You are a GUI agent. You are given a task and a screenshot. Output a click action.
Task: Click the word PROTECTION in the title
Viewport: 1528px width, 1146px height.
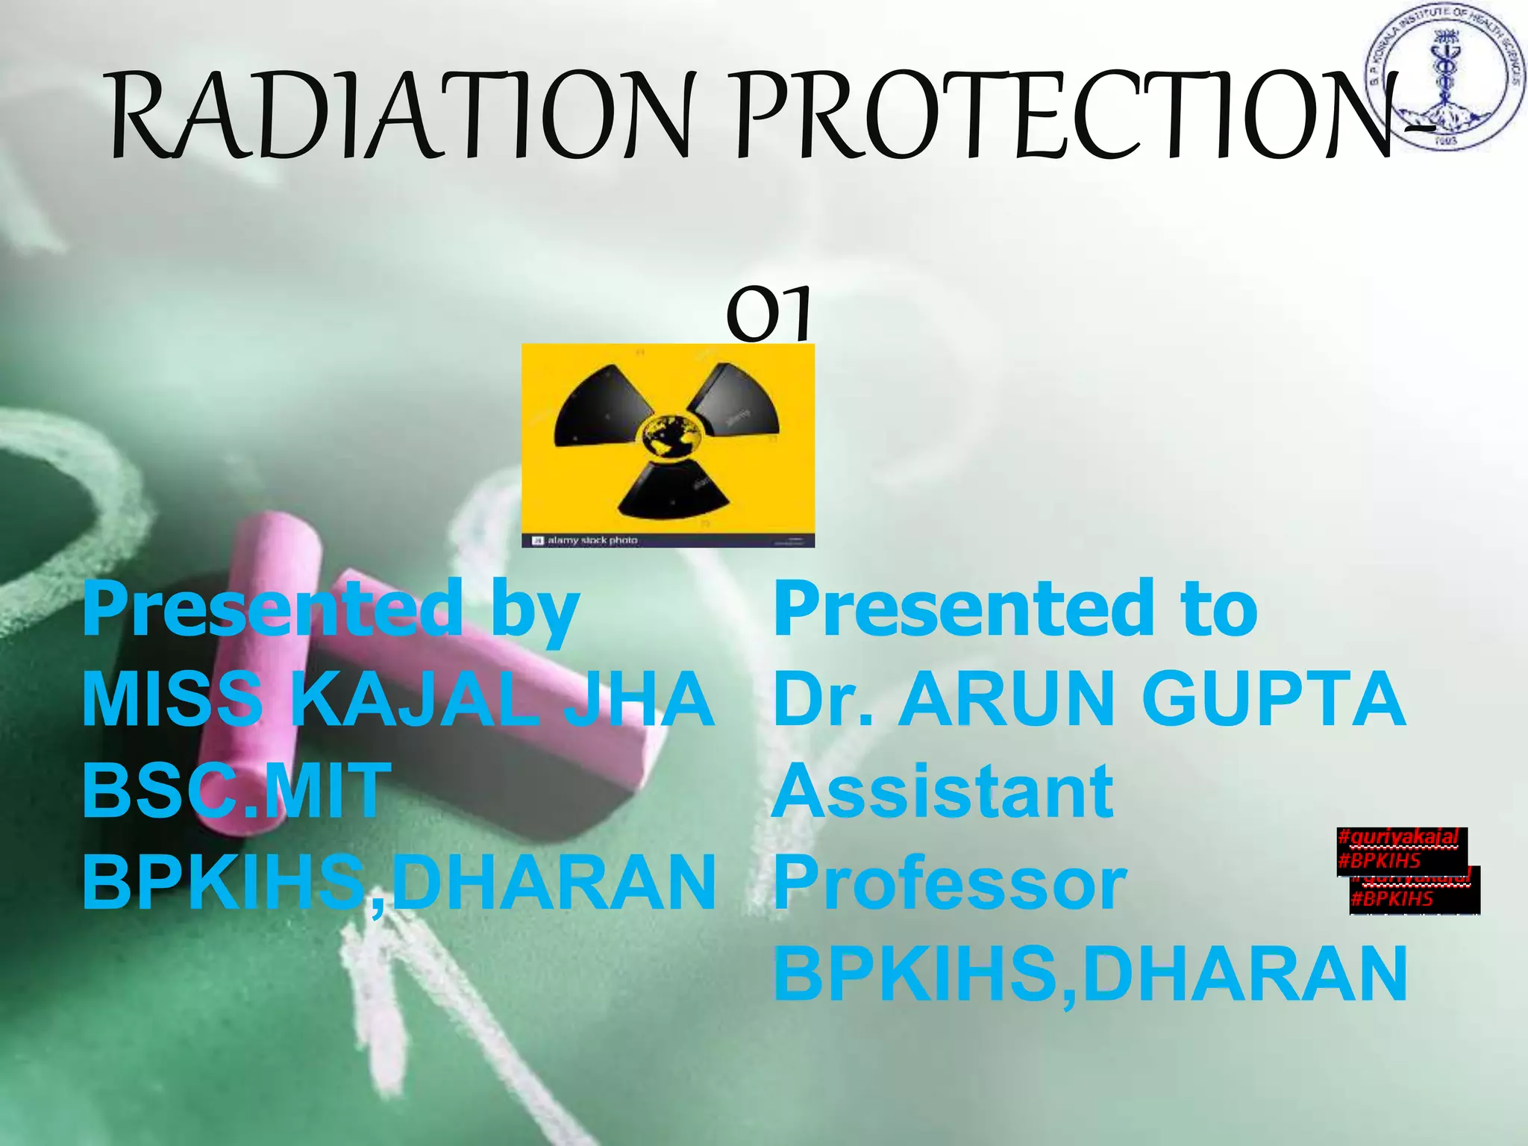[x=1059, y=116]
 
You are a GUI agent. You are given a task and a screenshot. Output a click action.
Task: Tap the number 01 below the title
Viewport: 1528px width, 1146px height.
[x=768, y=313]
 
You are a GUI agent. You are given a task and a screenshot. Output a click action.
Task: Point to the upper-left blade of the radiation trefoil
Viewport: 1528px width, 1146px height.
[x=604, y=407]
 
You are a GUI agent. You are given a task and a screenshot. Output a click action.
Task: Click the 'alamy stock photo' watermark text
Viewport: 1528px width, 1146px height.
[x=592, y=540]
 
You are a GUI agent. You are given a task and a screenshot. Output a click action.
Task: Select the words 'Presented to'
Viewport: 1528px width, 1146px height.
[x=1015, y=610]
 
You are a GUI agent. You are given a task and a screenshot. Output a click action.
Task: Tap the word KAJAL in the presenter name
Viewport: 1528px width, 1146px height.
[x=414, y=699]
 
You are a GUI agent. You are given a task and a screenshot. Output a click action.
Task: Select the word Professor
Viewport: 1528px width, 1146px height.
[x=950, y=883]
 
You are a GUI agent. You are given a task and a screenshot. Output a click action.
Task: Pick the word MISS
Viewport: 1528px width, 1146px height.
[x=172, y=699]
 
